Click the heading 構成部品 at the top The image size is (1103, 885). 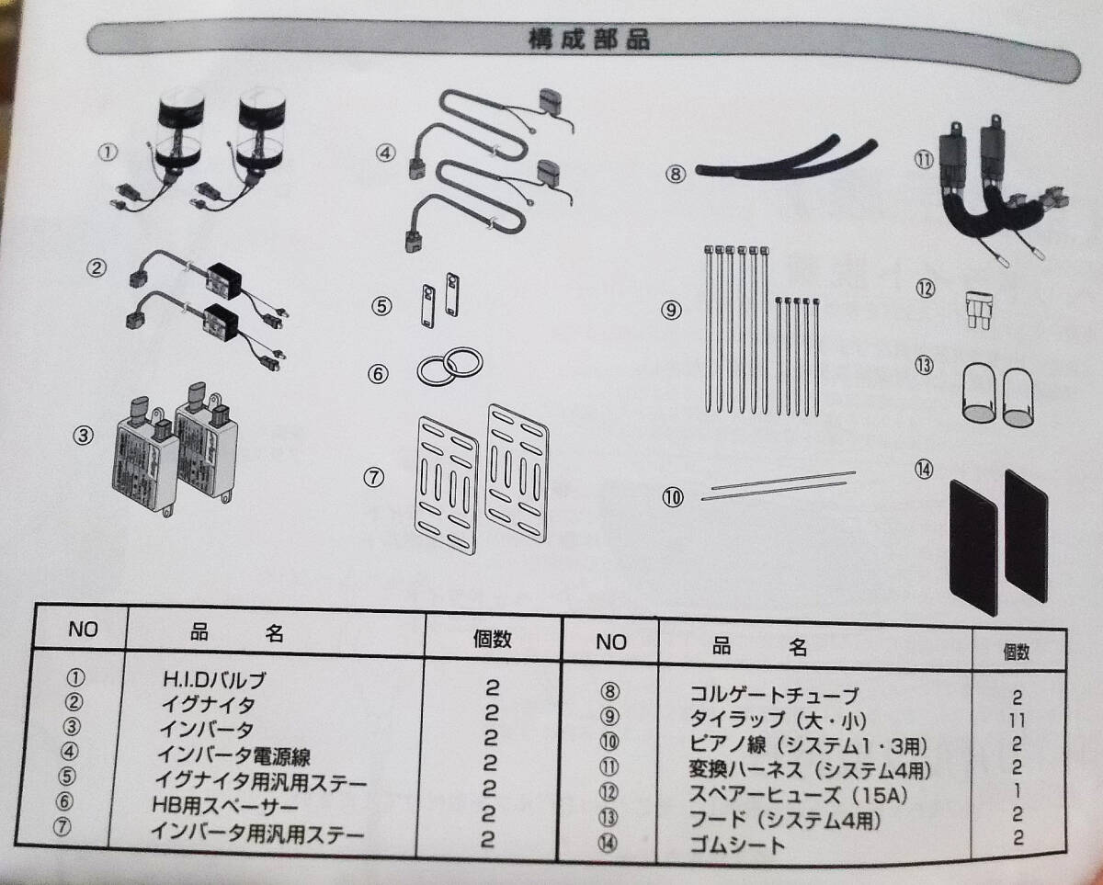(589, 40)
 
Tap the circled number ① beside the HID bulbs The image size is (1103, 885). (108, 151)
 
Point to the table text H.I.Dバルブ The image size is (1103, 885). (214, 680)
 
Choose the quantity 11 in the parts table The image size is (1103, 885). (1017, 721)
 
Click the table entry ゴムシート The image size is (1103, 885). (737, 844)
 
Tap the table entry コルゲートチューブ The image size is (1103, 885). (773, 696)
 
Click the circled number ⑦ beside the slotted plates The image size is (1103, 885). (374, 478)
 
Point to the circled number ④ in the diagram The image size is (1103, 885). (385, 153)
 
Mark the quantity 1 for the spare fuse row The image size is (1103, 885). (1017, 790)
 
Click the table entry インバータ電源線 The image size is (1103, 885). (233, 755)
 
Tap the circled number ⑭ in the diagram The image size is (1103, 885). (924, 470)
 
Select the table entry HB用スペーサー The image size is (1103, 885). (225, 806)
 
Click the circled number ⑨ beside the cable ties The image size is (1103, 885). (671, 310)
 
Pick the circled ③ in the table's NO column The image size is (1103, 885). (72, 726)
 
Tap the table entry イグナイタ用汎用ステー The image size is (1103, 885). (261, 781)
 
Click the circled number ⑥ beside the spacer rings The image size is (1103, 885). (378, 374)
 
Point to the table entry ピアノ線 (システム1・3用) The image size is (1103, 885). (808, 744)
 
